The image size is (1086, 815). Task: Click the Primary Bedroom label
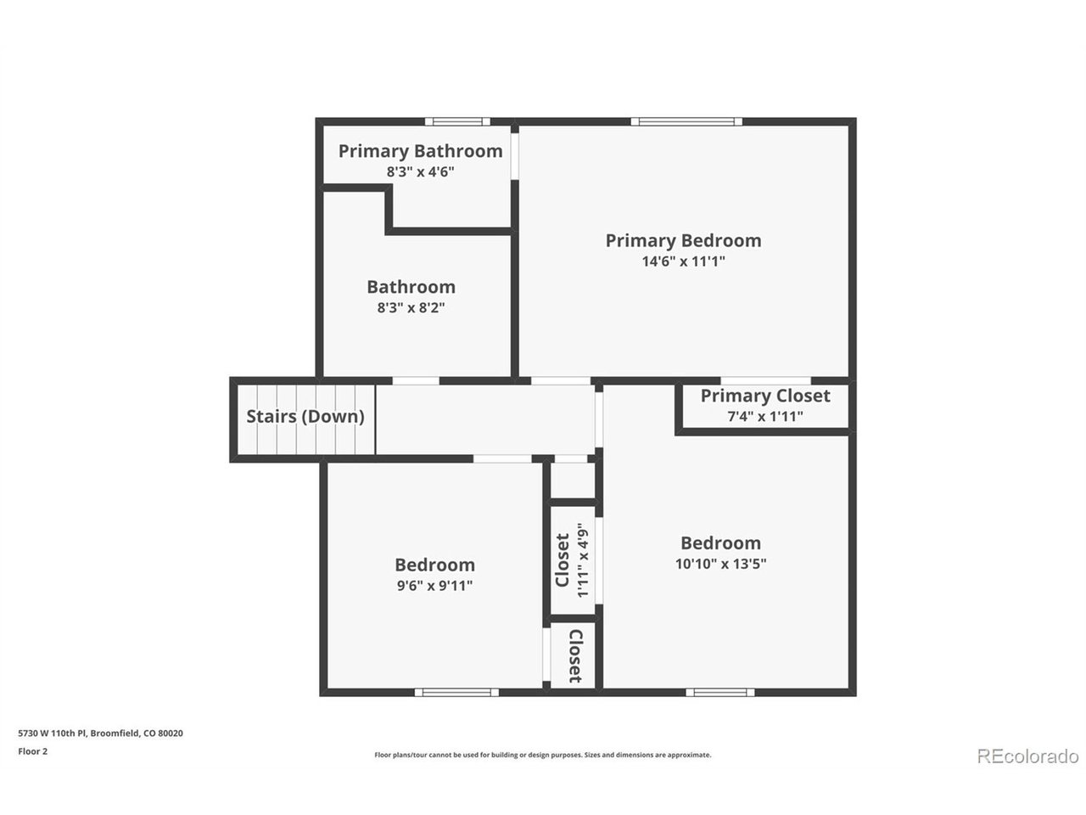tap(683, 240)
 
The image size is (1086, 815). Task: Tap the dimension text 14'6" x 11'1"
tap(683, 262)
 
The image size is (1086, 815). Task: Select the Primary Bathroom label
tap(420, 151)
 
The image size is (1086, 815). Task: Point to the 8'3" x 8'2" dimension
tap(411, 308)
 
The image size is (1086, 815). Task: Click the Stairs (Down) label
tap(305, 417)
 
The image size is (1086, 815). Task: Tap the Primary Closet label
tap(764, 396)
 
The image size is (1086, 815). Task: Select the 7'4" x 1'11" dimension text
tap(764, 416)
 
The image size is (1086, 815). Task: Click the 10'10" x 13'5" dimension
tap(720, 563)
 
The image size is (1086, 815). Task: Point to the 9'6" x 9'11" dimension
tap(434, 585)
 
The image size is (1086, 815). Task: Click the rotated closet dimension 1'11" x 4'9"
tap(583, 560)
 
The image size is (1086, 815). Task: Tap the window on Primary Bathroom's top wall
tap(457, 121)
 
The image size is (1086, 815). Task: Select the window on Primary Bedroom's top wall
tap(686, 121)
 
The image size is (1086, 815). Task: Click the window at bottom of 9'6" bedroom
tap(456, 693)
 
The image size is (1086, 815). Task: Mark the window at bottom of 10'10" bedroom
tap(719, 693)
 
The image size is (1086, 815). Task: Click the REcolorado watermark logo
tap(1027, 756)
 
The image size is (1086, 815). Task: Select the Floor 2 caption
tap(33, 750)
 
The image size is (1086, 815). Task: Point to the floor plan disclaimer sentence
tap(542, 755)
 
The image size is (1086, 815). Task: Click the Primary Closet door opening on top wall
tap(764, 380)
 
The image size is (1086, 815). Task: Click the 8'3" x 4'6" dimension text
tap(420, 171)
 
